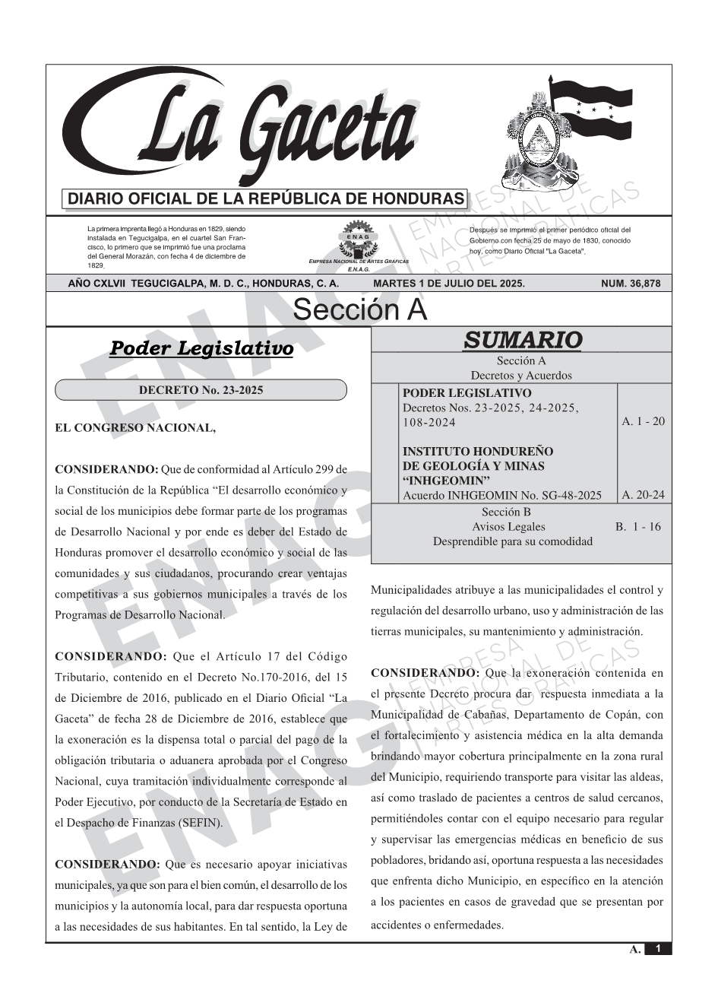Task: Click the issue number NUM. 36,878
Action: click(631, 284)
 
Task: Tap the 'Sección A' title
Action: click(359, 310)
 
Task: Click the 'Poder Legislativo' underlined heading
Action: click(201, 348)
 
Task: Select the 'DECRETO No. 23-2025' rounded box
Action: click(201, 391)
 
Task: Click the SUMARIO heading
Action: click(522, 340)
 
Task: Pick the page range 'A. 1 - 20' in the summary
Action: click(643, 421)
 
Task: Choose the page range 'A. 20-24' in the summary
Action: click(643, 495)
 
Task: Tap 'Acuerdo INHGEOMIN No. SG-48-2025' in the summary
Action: click(502, 496)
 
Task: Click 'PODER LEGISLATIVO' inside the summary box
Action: click(467, 393)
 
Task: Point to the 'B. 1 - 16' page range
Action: click(638, 526)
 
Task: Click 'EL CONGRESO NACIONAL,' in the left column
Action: click(135, 428)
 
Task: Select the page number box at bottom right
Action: click(658, 949)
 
